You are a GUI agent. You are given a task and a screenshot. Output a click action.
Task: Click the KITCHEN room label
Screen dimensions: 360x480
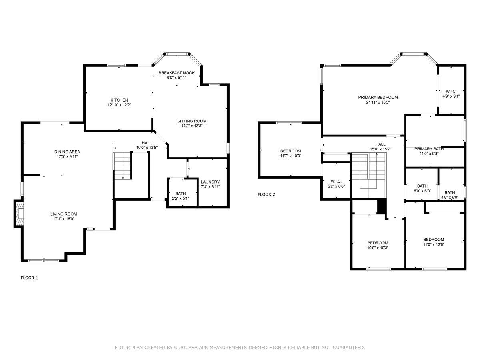pos(119,100)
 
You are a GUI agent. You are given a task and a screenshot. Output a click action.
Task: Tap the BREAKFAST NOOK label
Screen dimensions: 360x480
pos(176,73)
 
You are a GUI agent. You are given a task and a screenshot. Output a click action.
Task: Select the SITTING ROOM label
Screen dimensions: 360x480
pos(192,121)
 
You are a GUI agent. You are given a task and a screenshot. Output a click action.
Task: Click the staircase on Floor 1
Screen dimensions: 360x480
pos(122,166)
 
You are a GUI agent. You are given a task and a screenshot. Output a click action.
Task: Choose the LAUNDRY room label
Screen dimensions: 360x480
pos(210,182)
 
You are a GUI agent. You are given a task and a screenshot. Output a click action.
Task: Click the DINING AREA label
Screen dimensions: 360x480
pos(67,152)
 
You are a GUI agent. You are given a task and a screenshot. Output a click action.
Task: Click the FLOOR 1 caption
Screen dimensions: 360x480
pos(29,278)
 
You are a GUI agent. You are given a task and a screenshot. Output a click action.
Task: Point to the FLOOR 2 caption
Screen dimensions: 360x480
pos(266,194)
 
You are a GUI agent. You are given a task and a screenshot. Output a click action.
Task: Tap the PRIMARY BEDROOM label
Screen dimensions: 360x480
pos(378,97)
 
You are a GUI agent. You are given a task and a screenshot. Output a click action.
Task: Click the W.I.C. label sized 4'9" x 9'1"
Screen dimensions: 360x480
pos(451,92)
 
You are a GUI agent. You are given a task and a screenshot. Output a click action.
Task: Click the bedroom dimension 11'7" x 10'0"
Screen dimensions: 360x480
pos(290,156)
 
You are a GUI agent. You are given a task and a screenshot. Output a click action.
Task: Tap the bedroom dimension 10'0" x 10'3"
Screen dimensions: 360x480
pos(378,248)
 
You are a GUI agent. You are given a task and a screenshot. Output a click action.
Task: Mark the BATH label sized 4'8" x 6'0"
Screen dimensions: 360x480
pos(450,192)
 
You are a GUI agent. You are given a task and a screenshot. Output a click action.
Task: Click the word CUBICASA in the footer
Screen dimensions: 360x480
pos(187,348)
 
